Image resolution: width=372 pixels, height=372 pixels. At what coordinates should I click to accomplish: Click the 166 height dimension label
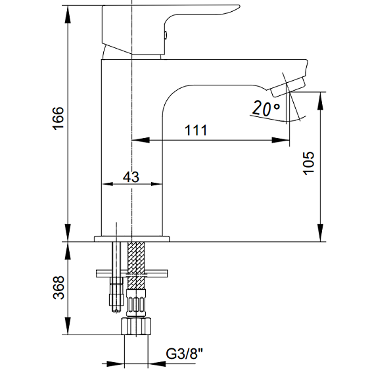tap(58, 118)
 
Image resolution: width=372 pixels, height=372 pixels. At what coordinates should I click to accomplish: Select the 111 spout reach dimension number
tap(196, 130)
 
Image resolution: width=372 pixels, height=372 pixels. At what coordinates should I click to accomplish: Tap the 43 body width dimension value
tap(131, 177)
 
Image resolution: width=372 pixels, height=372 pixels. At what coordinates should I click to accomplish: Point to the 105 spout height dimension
tap(309, 163)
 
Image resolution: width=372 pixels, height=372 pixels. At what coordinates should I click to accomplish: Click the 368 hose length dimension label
tap(58, 287)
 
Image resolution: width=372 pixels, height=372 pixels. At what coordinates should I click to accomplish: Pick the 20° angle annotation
tap(266, 108)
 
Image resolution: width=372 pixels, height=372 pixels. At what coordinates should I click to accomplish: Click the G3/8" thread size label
tap(185, 354)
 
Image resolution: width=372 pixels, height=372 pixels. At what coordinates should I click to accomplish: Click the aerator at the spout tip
tap(288, 87)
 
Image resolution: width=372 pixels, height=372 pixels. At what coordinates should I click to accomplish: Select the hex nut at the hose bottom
tap(136, 327)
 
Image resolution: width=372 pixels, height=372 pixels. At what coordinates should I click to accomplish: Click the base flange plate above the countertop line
tap(132, 239)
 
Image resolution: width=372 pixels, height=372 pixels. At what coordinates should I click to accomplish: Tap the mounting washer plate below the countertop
tap(131, 273)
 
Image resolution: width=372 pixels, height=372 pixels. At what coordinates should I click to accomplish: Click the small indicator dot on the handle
tap(166, 35)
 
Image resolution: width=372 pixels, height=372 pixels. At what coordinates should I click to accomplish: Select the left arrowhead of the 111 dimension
tap(141, 140)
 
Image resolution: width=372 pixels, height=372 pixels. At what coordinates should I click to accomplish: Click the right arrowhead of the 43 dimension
tap(156, 184)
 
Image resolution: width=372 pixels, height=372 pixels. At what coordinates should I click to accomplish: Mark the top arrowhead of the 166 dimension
tap(68, 14)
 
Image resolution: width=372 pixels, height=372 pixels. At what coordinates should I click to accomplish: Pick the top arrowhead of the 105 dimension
tap(321, 101)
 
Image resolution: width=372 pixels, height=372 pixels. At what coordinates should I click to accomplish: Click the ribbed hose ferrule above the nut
tap(136, 303)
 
